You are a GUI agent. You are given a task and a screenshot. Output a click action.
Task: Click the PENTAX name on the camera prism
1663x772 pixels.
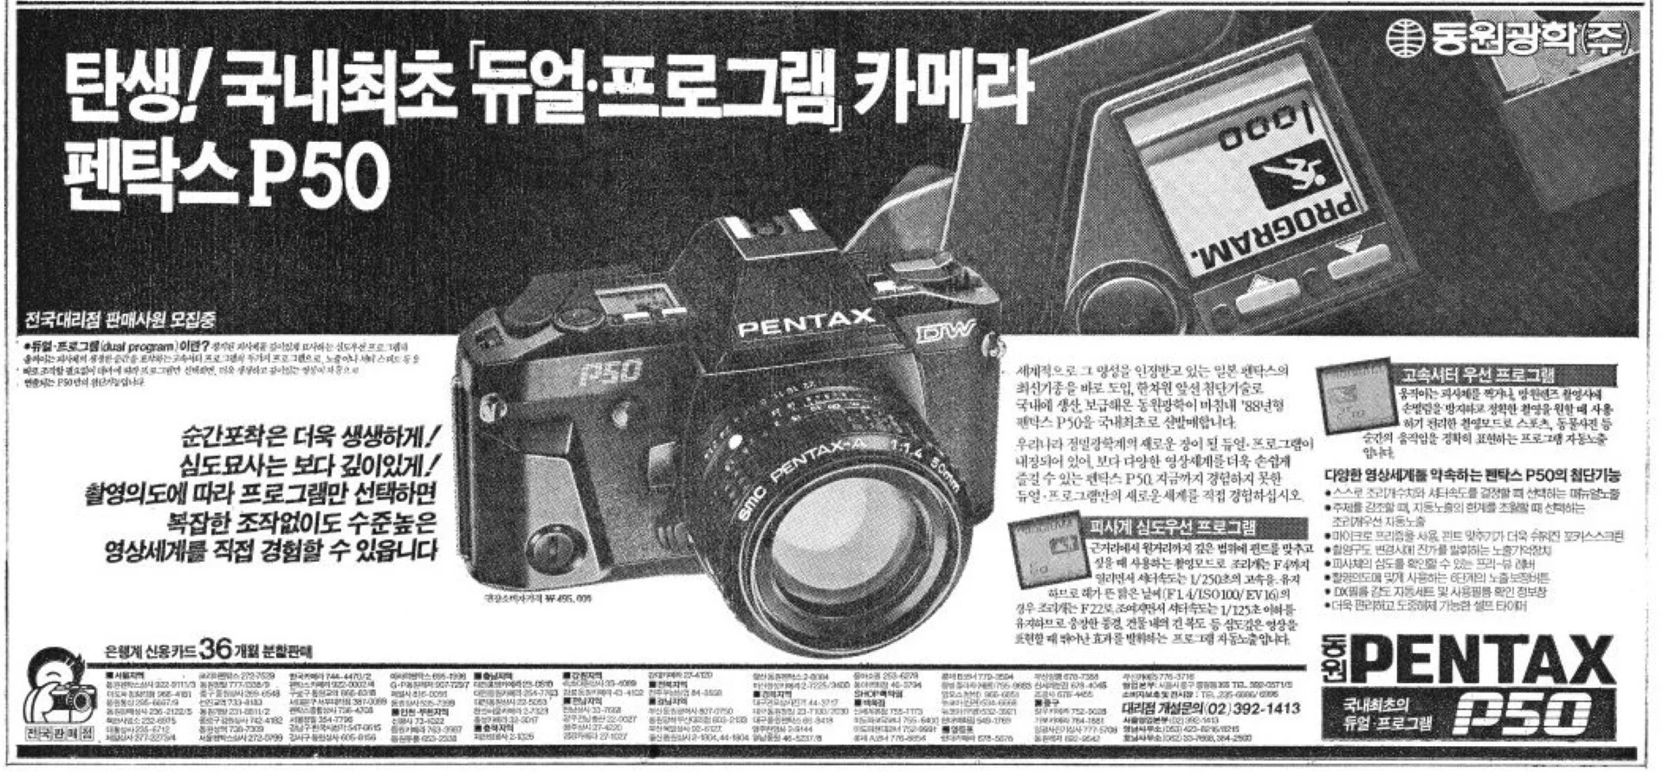[806, 323]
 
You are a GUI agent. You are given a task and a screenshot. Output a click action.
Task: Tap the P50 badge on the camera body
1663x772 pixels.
[611, 371]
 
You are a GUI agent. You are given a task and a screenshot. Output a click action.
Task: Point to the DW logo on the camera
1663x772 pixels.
[946, 332]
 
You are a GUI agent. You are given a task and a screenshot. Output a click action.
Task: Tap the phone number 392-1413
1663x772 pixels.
[1264, 709]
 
